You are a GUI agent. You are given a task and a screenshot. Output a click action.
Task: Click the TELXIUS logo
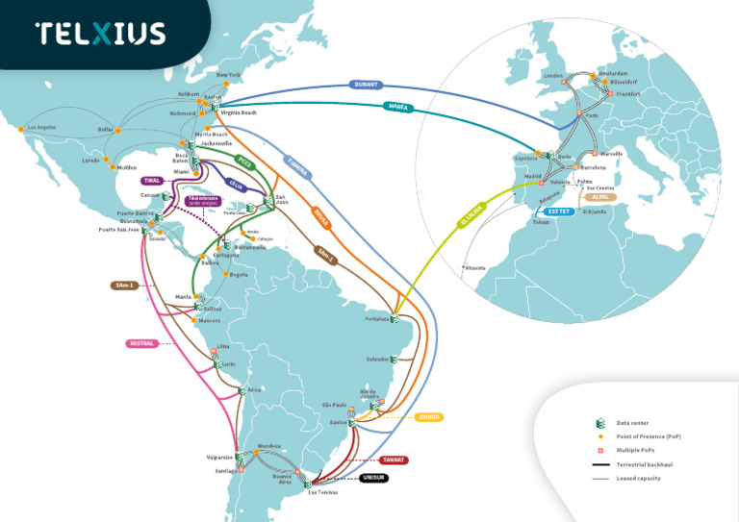(100, 34)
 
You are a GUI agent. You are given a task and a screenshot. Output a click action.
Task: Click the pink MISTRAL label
(140, 343)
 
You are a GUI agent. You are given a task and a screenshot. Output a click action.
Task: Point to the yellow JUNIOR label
(429, 417)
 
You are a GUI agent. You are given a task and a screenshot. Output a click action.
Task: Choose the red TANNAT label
(393, 460)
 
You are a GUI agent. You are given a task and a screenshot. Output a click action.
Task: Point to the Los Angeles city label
(42, 128)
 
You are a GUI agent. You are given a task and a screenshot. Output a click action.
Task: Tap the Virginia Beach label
(237, 112)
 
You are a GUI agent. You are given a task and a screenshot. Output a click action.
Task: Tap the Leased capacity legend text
(638, 478)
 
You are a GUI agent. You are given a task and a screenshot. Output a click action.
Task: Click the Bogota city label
(239, 275)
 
